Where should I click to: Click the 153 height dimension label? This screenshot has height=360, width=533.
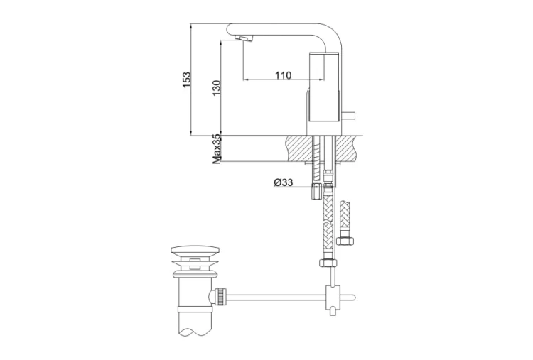187,80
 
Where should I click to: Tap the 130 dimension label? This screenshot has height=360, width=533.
217,88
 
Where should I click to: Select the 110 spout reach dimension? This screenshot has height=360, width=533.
283,75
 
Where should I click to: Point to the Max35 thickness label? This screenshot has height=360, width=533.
217,148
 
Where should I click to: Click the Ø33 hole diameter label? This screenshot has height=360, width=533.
283,182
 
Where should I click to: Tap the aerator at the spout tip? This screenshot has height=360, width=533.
244,38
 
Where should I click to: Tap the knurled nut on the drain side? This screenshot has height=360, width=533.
220,297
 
